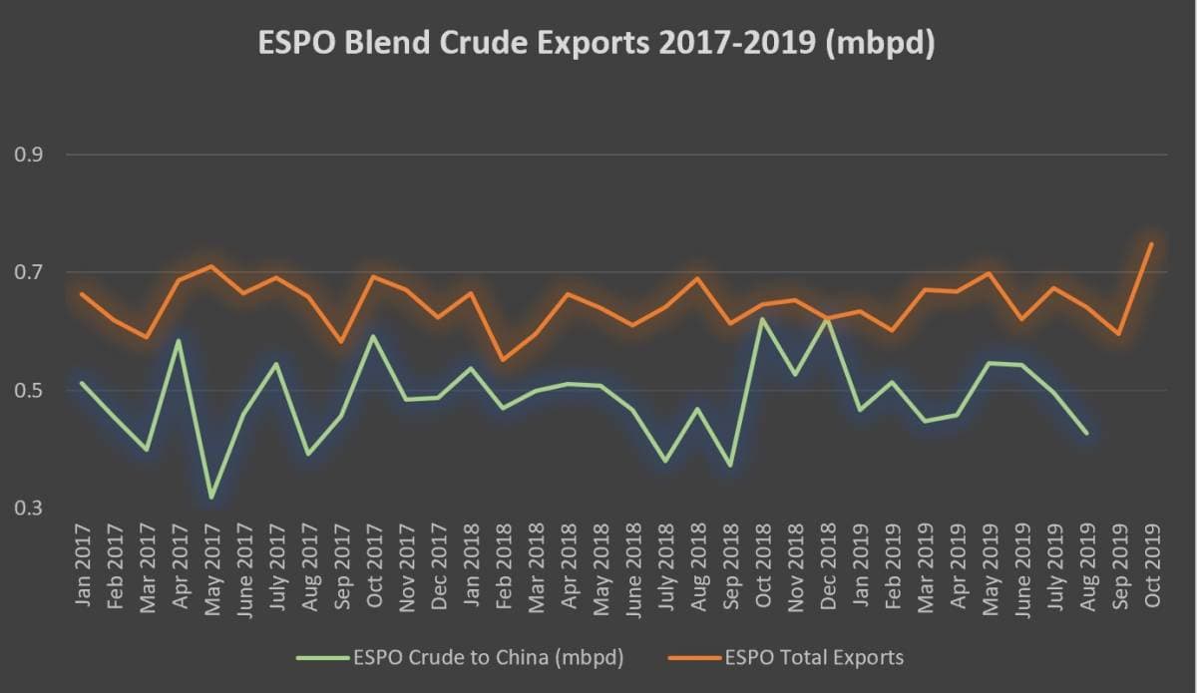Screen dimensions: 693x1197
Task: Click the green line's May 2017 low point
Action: (x=210, y=497)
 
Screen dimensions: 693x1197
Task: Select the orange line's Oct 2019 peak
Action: (x=1151, y=243)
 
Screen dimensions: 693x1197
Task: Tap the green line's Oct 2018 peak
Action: (x=762, y=319)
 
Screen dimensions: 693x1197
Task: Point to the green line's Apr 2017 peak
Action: (x=179, y=340)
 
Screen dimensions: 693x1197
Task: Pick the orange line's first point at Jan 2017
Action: (x=81, y=294)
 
